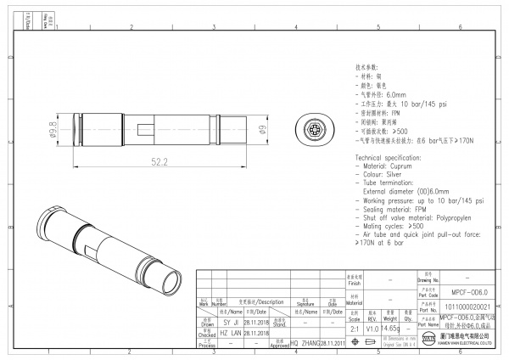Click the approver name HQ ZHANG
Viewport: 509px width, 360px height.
click(305, 344)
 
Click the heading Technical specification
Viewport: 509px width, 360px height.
click(390, 160)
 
